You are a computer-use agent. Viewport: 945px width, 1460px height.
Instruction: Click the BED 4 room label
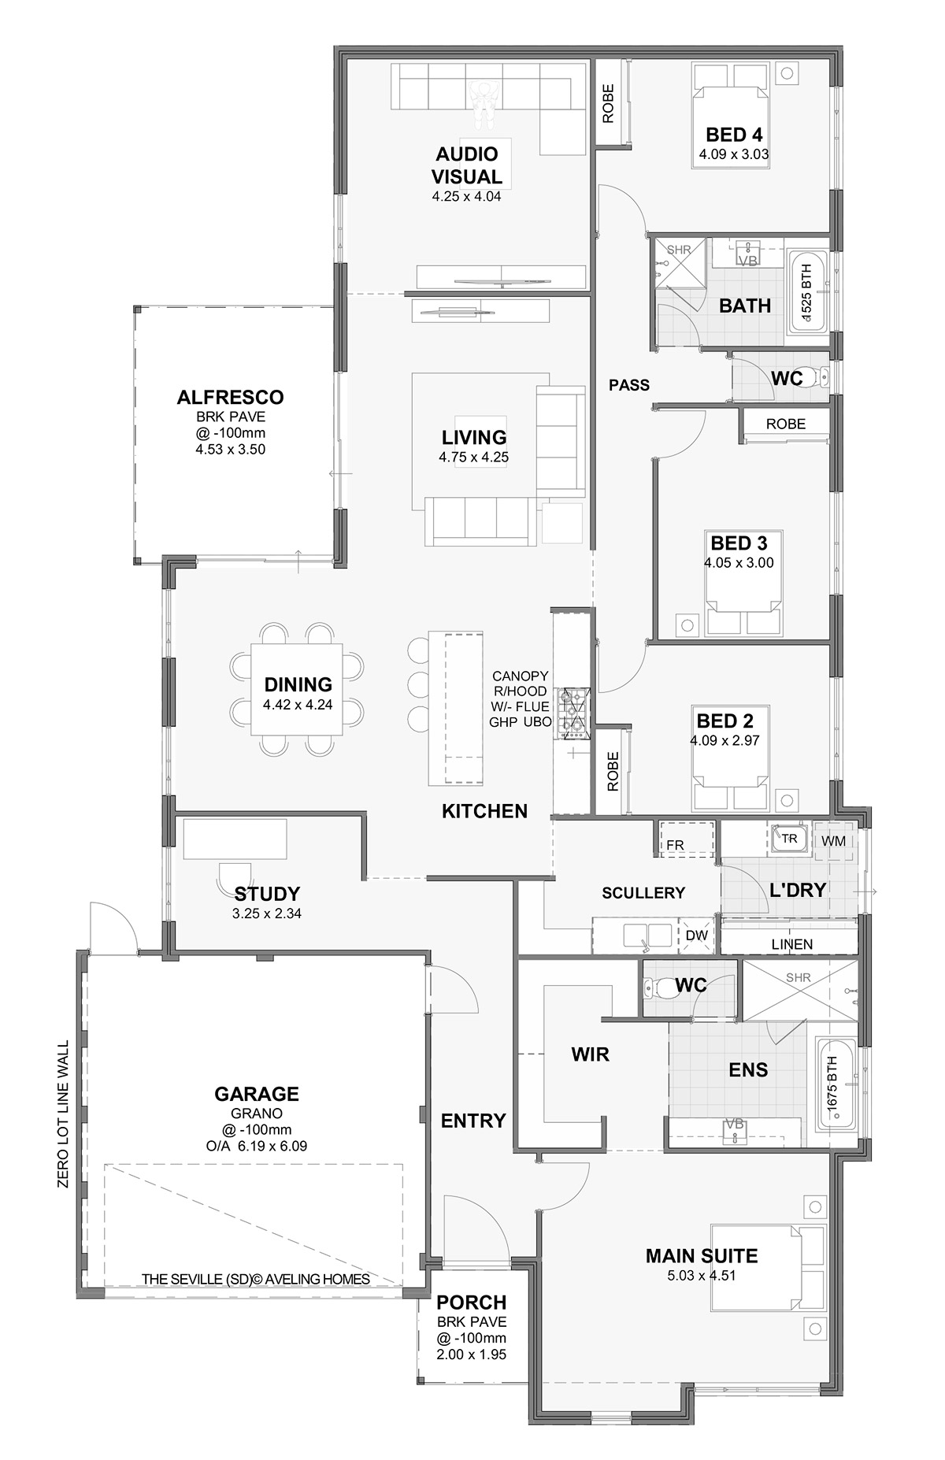click(734, 134)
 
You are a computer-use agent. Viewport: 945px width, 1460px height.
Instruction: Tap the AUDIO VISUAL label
click(466, 165)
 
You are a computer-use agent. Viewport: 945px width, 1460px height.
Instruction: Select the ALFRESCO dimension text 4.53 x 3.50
click(231, 450)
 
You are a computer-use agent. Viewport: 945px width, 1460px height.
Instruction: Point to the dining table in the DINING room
click(298, 689)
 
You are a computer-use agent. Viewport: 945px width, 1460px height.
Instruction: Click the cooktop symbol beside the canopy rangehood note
click(572, 713)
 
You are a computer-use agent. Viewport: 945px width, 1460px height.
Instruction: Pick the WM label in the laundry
click(833, 841)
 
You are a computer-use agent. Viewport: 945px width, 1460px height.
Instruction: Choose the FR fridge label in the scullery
click(675, 845)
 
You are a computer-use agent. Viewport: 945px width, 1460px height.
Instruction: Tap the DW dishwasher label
click(697, 936)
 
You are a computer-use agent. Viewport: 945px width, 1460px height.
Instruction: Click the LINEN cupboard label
click(792, 944)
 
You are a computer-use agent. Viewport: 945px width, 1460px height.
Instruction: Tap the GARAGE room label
click(257, 1094)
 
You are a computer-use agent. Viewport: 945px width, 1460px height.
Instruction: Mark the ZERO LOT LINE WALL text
click(64, 1114)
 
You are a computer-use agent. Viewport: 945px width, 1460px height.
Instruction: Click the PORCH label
click(472, 1303)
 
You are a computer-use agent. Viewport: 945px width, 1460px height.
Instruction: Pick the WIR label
click(591, 1054)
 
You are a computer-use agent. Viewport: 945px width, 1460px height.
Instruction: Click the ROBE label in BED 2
click(613, 771)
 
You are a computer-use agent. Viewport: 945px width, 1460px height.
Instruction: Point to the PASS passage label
click(629, 385)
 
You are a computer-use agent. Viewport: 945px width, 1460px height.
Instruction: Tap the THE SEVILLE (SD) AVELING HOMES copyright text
click(256, 1280)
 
